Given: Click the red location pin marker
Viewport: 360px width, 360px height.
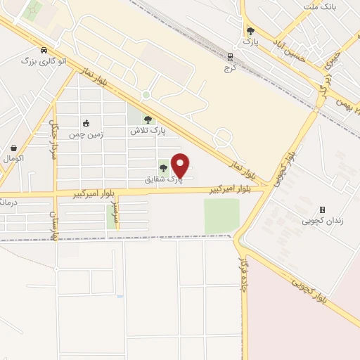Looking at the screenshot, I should click(x=181, y=166).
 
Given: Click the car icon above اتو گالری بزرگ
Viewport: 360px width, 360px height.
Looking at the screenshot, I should click(x=44, y=51).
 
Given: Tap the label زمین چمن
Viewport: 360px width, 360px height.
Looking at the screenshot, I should click(x=86, y=134).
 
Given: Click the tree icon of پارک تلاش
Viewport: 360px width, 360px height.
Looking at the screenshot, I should click(x=148, y=120).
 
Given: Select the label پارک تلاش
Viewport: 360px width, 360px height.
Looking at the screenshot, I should click(x=146, y=131).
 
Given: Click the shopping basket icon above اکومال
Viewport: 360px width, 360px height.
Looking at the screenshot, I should click(x=14, y=148).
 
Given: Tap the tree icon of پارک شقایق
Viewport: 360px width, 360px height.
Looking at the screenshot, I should click(x=163, y=167).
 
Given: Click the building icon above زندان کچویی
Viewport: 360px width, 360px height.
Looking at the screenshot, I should click(x=323, y=210).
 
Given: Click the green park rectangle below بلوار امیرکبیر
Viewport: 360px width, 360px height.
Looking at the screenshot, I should click(x=221, y=214).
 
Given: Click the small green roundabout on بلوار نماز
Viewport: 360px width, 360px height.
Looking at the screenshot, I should click(x=146, y=95).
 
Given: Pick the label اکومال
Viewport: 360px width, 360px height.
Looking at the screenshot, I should click(x=14, y=159).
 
